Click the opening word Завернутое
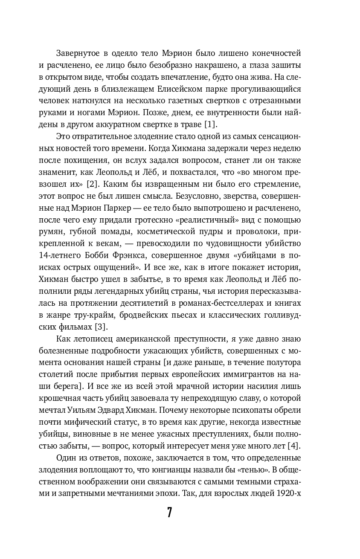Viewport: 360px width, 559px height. [77, 53]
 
